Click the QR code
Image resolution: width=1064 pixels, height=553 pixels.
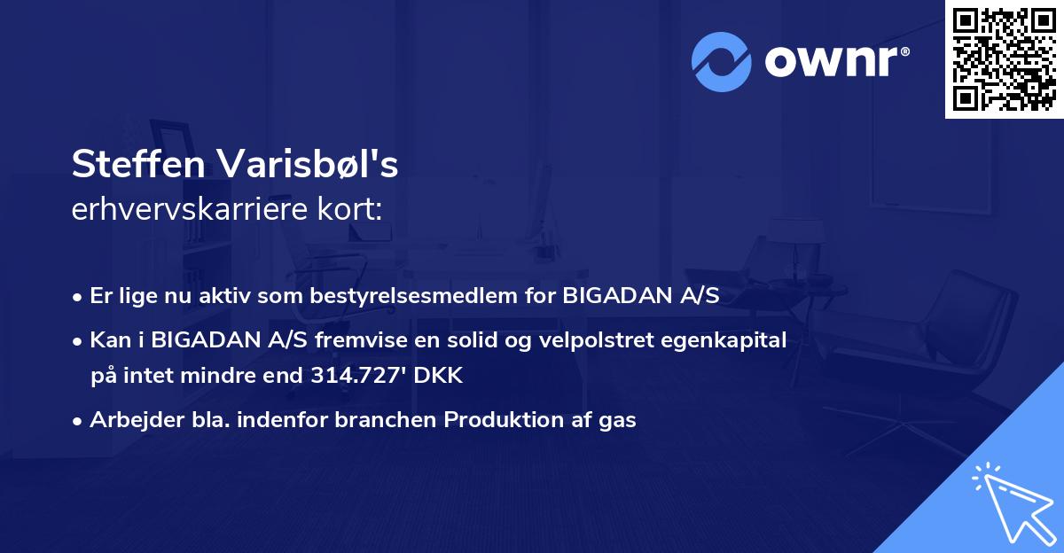(1004, 59)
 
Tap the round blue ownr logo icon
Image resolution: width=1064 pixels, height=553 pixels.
(721, 62)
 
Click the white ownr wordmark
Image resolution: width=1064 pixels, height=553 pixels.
(831, 62)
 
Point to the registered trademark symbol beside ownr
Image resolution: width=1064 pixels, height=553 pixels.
(904, 51)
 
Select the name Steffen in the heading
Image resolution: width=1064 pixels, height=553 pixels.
(138, 164)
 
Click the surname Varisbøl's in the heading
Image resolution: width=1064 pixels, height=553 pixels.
(308, 164)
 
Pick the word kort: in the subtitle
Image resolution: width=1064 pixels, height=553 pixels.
(349, 209)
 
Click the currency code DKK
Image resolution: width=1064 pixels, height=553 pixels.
(438, 376)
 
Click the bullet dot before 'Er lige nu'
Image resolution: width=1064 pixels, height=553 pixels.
(77, 298)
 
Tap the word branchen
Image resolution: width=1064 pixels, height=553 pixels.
(385, 419)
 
